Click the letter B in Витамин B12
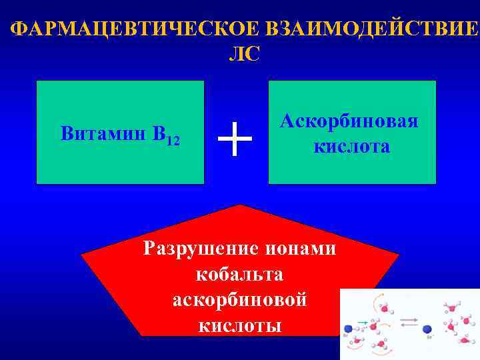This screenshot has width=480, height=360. [x=159, y=133]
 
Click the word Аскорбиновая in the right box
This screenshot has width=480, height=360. [x=349, y=121]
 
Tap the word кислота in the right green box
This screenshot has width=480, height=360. [x=352, y=146]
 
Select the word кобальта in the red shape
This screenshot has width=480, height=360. [x=240, y=275]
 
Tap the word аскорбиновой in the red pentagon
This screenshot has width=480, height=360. [x=240, y=300]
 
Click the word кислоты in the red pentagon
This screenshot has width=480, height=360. [x=240, y=325]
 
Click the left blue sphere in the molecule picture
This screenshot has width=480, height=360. [x=349, y=329]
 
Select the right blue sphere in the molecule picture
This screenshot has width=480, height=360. [x=427, y=329]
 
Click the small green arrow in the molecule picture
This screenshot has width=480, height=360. [x=363, y=323]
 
